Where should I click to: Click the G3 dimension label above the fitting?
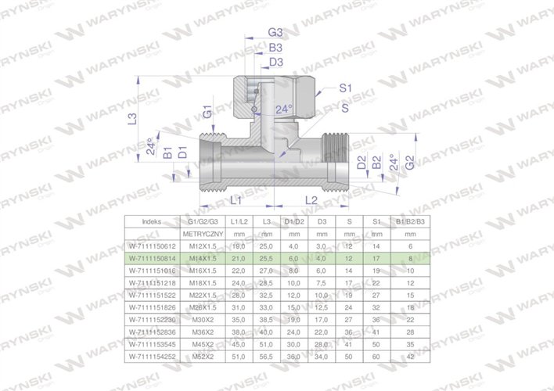coord(275,33)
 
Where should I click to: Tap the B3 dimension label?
coord(275,48)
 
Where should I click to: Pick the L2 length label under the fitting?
coord(310,201)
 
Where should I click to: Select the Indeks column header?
coord(152,221)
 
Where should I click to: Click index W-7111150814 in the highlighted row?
coord(152,257)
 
